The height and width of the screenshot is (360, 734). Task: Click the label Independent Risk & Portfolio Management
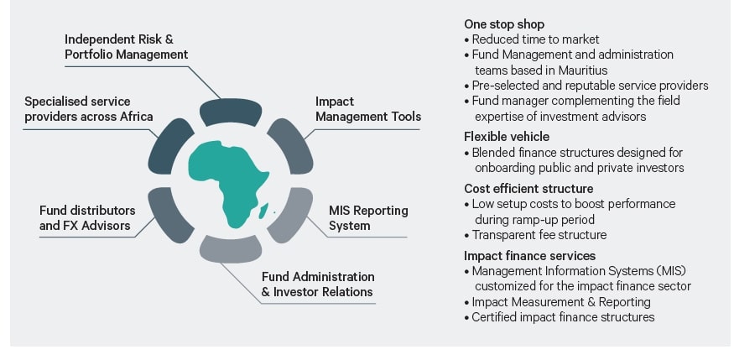(x=126, y=47)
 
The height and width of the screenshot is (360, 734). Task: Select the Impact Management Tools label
(x=367, y=109)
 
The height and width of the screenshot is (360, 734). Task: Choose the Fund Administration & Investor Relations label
(x=317, y=284)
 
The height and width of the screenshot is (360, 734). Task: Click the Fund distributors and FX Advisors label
(x=87, y=217)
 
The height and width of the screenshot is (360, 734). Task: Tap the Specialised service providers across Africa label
(x=88, y=109)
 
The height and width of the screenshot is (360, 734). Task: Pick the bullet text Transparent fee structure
(x=539, y=235)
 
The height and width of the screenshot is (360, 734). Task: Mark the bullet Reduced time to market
(x=535, y=39)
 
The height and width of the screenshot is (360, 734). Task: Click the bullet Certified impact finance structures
(x=563, y=317)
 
